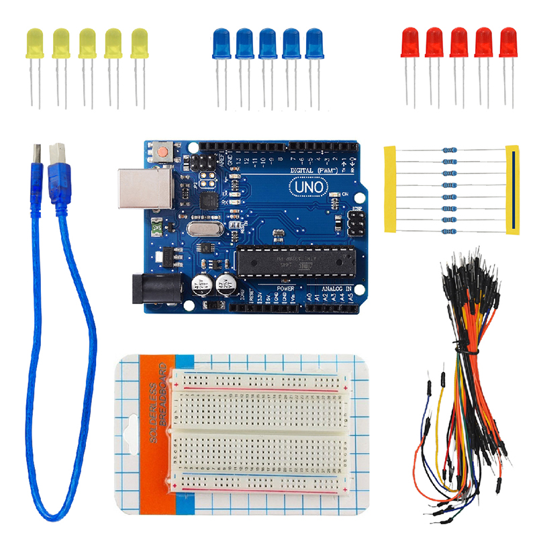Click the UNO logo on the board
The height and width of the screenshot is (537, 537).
pos(309,186)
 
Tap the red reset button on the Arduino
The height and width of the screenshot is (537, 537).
pos(161,151)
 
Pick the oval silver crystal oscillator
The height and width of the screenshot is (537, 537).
pos(202,230)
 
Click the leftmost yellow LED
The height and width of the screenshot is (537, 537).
pos(34,44)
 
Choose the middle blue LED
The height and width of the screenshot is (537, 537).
pos(267,44)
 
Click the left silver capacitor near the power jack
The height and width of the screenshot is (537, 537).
pos(201,283)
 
